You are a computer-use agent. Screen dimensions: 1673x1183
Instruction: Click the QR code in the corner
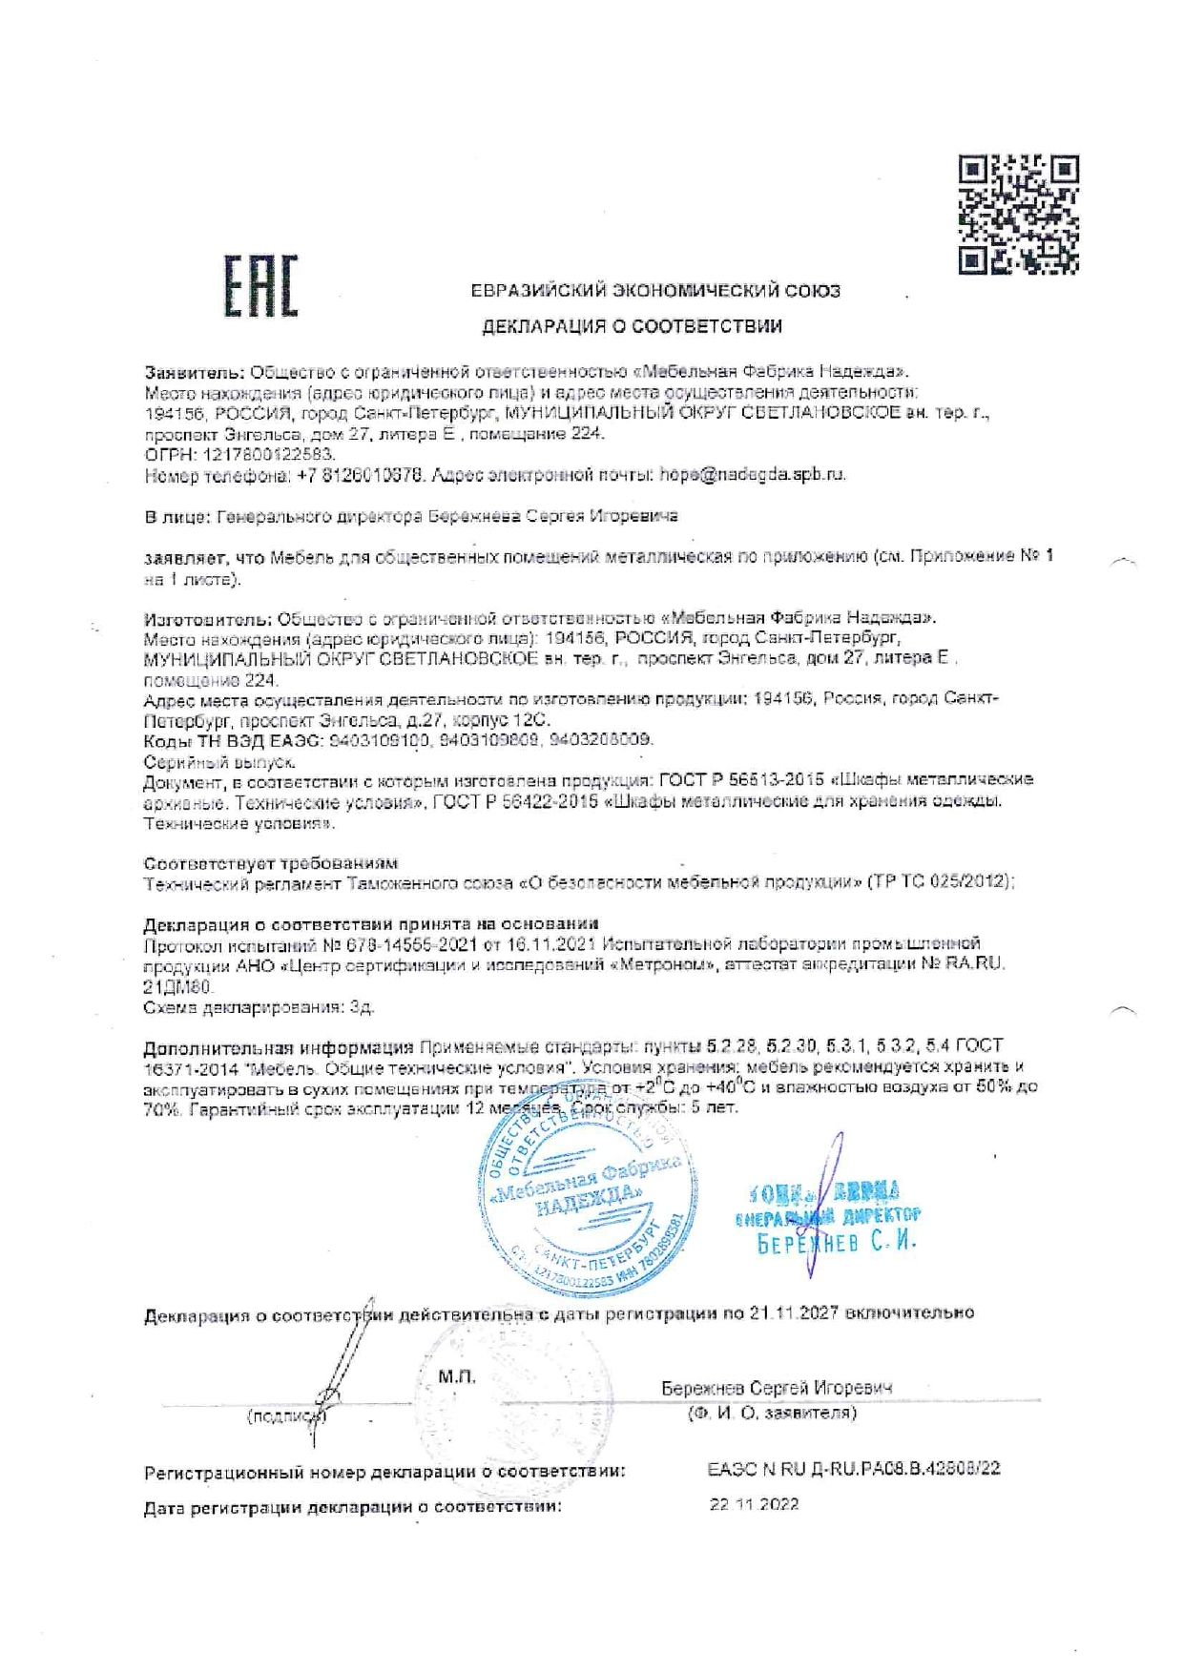tap(1018, 215)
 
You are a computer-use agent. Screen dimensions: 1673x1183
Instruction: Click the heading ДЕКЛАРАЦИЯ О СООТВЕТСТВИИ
tap(632, 326)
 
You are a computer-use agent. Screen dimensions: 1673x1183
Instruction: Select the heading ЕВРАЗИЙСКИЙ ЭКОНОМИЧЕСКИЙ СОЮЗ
tap(655, 290)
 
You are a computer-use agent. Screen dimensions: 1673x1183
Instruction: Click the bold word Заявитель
tap(195, 371)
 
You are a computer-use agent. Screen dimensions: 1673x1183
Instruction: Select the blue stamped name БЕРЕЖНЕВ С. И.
tap(836, 1243)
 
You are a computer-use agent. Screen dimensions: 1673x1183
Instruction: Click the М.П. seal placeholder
tap(457, 1376)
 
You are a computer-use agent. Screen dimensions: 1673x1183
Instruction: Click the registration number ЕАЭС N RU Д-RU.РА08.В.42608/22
tap(854, 1469)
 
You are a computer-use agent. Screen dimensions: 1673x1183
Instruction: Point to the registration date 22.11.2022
tap(754, 1504)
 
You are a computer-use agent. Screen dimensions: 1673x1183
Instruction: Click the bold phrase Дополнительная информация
tap(278, 1045)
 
